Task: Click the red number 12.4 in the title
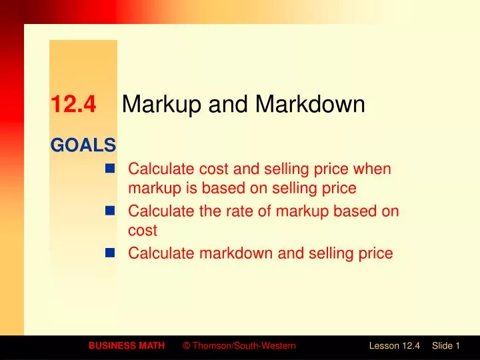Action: (x=73, y=105)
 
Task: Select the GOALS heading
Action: (x=83, y=144)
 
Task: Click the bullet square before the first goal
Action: (x=111, y=169)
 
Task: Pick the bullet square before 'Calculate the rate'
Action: (x=111, y=211)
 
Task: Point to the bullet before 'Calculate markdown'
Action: (x=111, y=253)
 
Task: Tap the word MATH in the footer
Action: (x=153, y=345)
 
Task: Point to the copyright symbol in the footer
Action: (x=186, y=345)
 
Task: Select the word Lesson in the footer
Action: (x=384, y=345)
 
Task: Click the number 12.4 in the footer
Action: (x=411, y=345)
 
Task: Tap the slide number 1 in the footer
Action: (x=458, y=345)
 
